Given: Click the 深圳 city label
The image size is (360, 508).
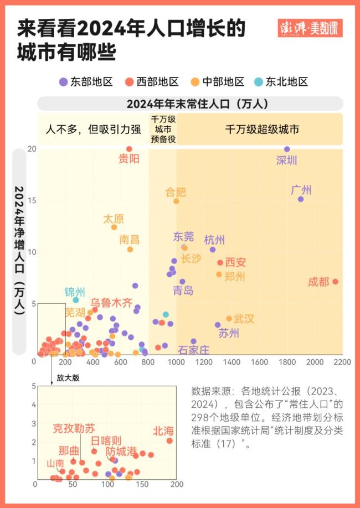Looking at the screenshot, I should (287, 161).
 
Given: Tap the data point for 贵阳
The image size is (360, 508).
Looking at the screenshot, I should (129, 149).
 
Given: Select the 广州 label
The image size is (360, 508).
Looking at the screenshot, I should (301, 190).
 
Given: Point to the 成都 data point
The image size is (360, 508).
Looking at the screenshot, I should (335, 282).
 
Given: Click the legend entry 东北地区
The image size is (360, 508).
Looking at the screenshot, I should (281, 82).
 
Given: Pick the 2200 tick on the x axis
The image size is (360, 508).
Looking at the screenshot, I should (342, 361).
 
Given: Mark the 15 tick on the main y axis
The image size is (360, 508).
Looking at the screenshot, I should (32, 200).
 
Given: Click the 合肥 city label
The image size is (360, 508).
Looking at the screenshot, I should (176, 193).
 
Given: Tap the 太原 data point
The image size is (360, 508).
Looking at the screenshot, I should (114, 227).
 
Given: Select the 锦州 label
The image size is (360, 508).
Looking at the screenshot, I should (75, 292).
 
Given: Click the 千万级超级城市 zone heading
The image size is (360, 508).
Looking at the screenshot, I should (262, 130).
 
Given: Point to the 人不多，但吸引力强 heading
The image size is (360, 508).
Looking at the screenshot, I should (93, 130).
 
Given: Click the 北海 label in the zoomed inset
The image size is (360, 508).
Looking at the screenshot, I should (163, 431).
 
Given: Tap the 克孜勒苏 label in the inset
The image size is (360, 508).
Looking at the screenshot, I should (74, 428).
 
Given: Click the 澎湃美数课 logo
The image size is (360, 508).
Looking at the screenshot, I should (310, 28).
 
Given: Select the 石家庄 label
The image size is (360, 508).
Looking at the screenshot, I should (194, 350).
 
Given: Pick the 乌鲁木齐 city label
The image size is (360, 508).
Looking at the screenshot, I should (112, 303).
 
